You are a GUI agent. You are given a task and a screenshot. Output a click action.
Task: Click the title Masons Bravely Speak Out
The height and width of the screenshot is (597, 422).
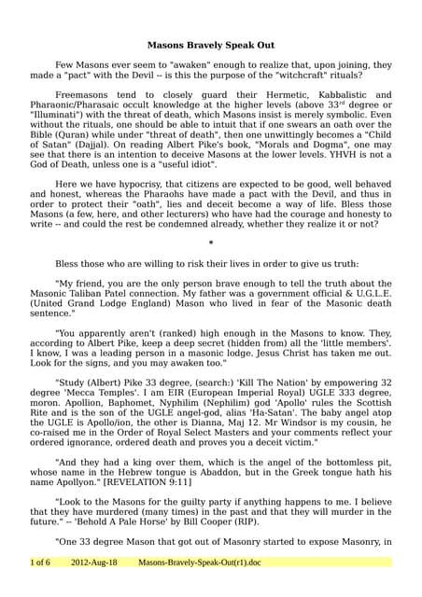click(x=210, y=44)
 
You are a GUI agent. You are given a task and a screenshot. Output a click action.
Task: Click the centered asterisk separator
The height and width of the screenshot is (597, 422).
click(x=210, y=243)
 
